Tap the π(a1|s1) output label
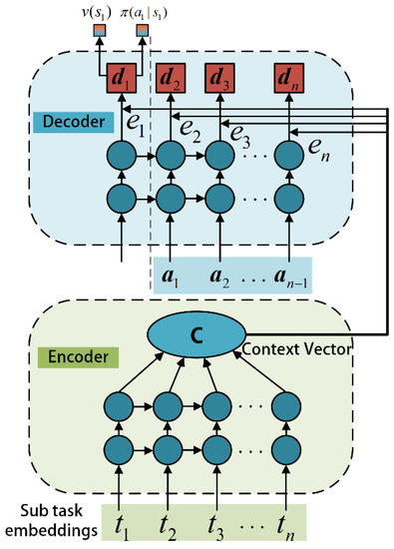point(143,11)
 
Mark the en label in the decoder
point(315,150)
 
